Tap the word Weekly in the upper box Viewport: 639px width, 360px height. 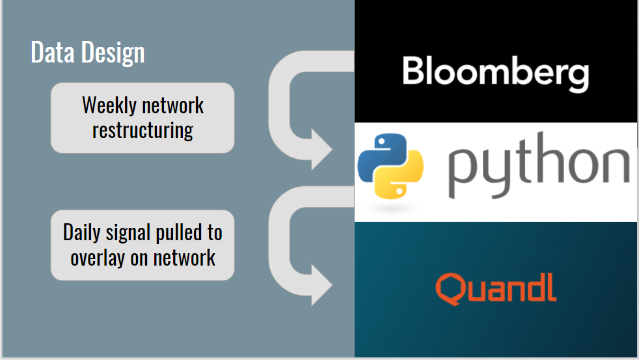coord(106,105)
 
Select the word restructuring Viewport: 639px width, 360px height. coord(143,130)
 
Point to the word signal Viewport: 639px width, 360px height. coord(130,232)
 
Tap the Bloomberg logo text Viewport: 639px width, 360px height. coord(495,72)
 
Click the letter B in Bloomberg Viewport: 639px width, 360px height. coord(413,70)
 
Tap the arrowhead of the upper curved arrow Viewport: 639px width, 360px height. coord(320,148)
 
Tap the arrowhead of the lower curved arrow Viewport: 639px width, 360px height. coord(320,284)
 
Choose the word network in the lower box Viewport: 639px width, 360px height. coord(185,258)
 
